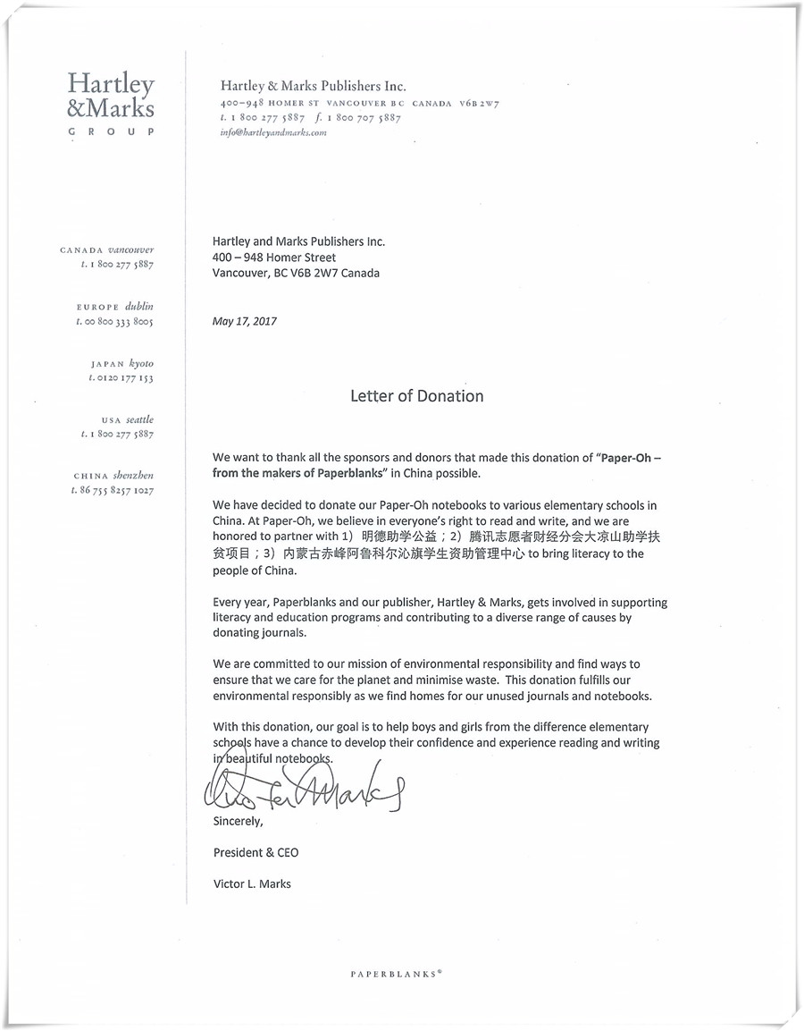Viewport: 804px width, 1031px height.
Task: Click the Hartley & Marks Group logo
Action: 111,102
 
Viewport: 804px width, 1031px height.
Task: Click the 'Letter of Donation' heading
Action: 416,396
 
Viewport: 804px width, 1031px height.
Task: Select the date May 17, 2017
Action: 245,322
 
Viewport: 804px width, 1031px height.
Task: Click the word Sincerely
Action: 239,821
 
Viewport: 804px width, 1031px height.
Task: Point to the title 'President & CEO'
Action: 256,852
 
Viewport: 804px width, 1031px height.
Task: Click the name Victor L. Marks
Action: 252,883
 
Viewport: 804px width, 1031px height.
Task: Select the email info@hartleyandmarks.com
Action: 273,132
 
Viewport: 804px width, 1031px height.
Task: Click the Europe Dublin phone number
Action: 115,322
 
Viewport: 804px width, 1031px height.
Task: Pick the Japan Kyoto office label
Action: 122,364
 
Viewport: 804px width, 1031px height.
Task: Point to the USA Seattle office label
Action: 127,419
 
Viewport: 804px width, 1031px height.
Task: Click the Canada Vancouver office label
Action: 107,250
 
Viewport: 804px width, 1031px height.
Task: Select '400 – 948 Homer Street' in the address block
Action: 274,258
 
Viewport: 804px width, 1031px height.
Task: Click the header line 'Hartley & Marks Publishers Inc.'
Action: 314,87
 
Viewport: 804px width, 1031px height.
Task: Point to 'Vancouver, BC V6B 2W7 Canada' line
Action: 296,274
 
